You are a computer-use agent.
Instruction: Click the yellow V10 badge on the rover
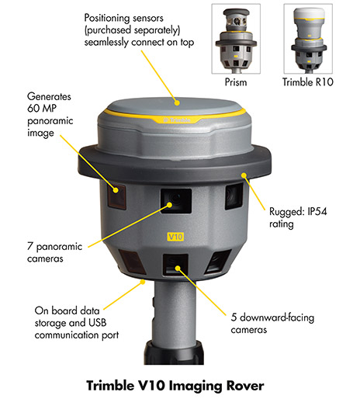point(175,234)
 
